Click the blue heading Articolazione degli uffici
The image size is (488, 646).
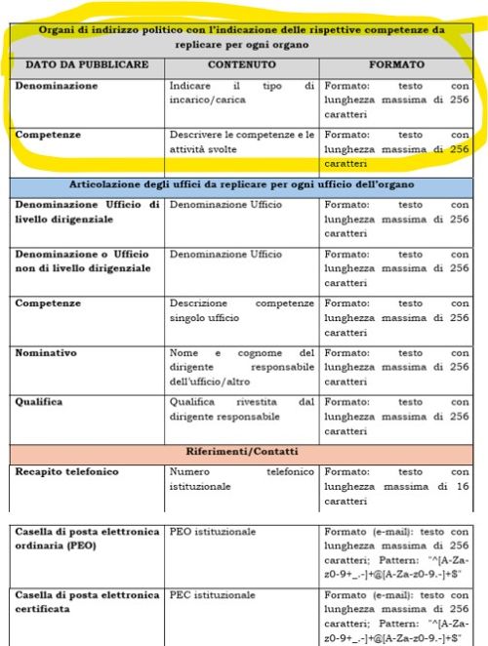(242, 185)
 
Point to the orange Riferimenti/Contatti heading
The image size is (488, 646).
(242, 452)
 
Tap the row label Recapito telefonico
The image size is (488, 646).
(66, 471)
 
